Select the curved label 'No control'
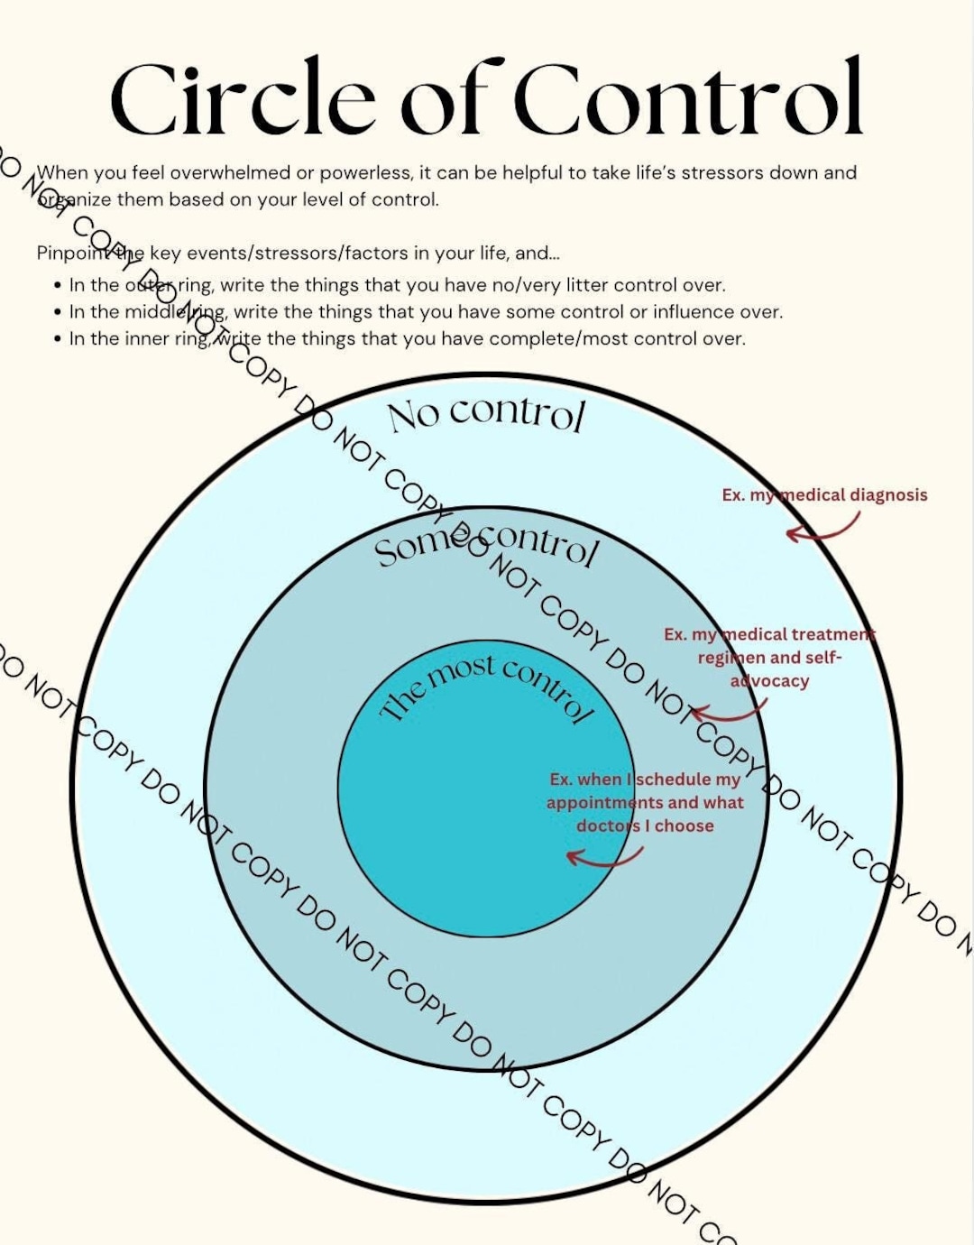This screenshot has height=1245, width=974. [x=487, y=414]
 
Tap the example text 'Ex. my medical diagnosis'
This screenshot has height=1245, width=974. [x=824, y=495]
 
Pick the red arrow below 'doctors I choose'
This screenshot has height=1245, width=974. [x=604, y=856]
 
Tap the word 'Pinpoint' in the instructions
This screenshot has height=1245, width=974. [x=69, y=254]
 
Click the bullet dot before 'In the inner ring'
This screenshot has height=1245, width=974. [x=58, y=339]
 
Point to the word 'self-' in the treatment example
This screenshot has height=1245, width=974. [x=819, y=658]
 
